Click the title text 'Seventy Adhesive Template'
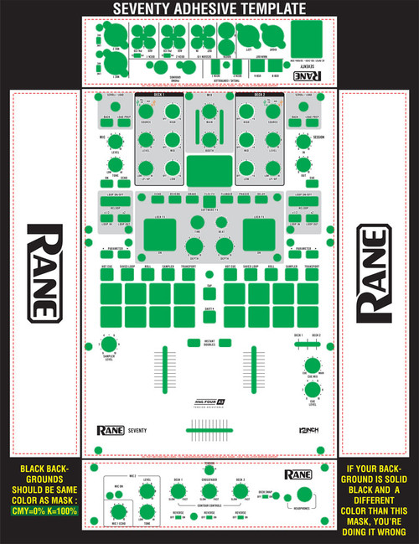click(209, 8)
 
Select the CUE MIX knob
click(313, 366)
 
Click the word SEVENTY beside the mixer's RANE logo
click(138, 431)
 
